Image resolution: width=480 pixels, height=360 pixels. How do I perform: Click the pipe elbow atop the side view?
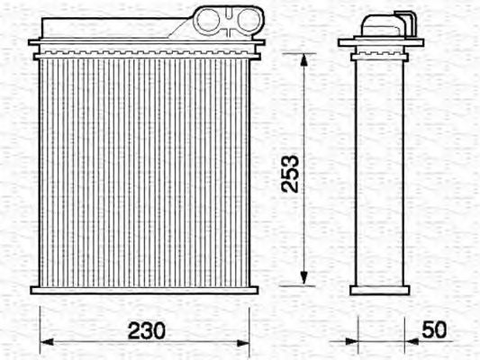tap(385, 23)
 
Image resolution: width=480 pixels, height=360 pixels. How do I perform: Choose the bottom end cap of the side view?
tap(380, 289)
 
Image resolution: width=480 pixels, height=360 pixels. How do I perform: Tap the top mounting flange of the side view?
tap(380, 42)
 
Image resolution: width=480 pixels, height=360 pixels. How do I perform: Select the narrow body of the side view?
tap(380, 171)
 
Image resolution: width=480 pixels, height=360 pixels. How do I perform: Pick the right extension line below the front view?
tap(249, 324)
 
